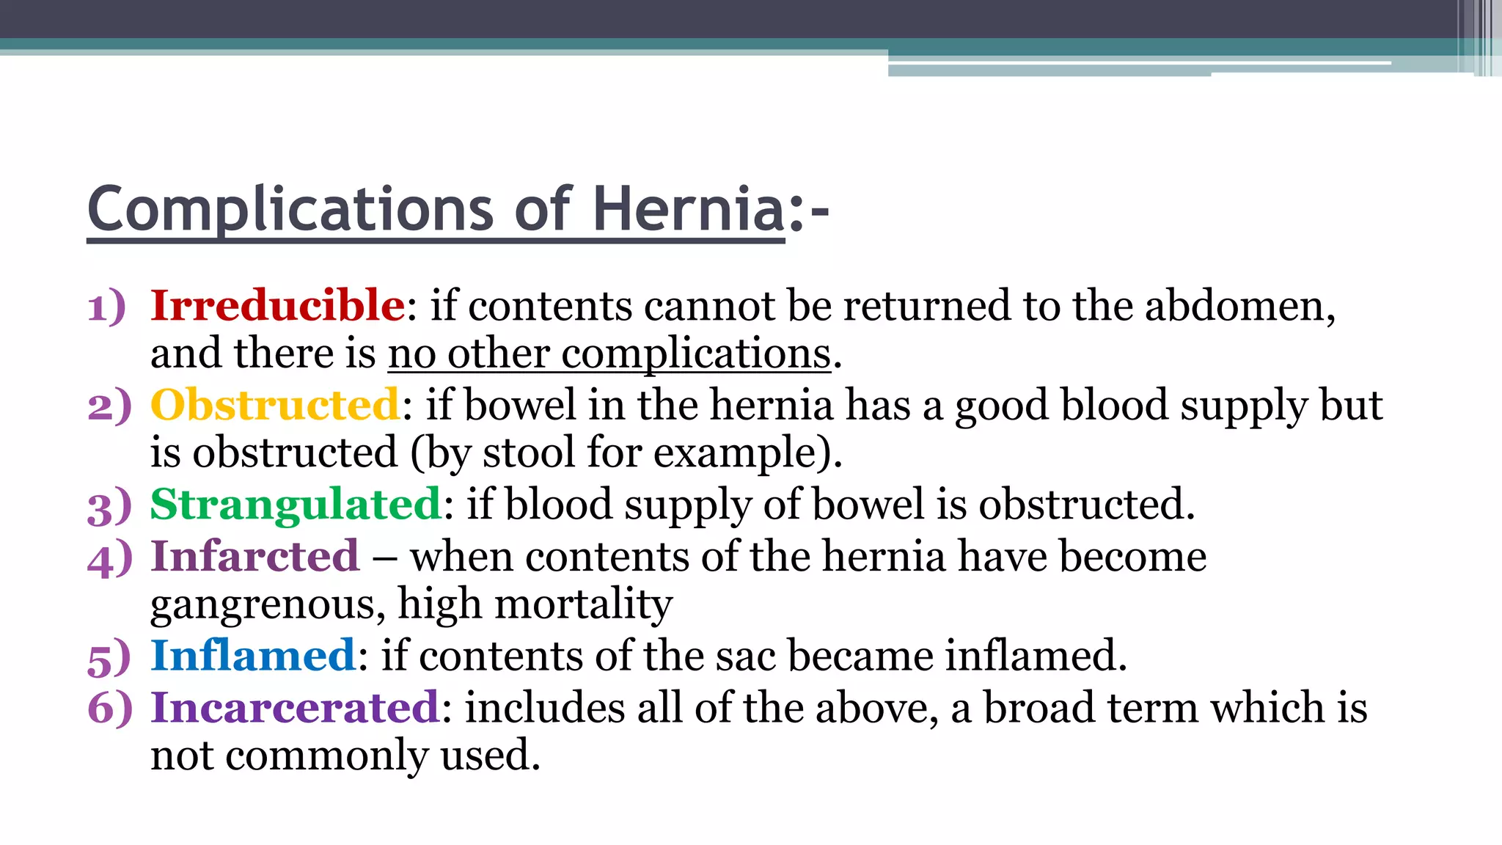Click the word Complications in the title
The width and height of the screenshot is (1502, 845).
(x=290, y=211)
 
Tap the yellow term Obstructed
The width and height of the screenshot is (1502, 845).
(x=275, y=405)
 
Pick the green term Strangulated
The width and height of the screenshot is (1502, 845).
(x=296, y=505)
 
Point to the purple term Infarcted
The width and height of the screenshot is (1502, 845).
(x=255, y=556)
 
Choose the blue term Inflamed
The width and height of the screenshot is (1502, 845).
(x=253, y=655)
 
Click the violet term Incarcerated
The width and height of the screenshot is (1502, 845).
(x=295, y=708)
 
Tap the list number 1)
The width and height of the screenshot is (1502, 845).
(x=107, y=307)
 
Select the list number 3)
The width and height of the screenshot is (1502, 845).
(x=109, y=506)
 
